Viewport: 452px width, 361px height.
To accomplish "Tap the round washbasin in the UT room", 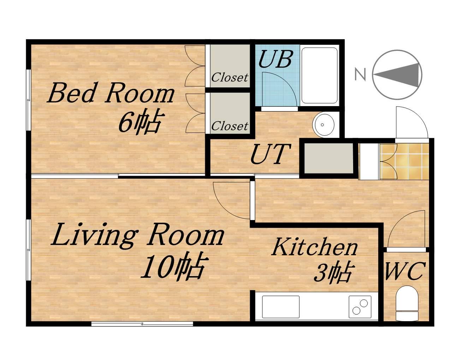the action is pyautogui.click(x=323, y=124).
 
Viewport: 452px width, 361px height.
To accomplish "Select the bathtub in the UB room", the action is pyautogui.click(x=319, y=75).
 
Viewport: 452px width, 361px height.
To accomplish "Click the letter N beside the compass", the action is pyautogui.click(x=360, y=74).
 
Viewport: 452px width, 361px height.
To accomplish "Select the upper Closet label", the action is pyautogui.click(x=230, y=78).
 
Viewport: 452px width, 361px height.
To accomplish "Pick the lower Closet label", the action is pyautogui.click(x=230, y=126).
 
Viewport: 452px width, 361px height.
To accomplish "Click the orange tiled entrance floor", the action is pyautogui.click(x=404, y=161).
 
